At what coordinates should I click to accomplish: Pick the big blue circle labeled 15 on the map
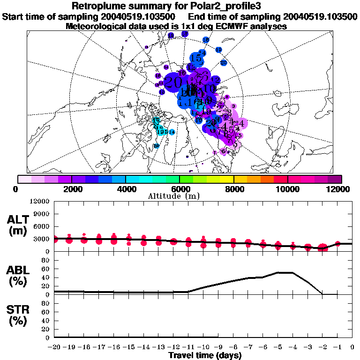(197, 59)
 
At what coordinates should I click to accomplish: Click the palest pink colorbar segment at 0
(25, 179)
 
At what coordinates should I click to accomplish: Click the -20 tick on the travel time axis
(54, 347)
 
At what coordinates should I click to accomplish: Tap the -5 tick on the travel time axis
(278, 347)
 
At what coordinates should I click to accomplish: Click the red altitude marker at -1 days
(338, 243)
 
